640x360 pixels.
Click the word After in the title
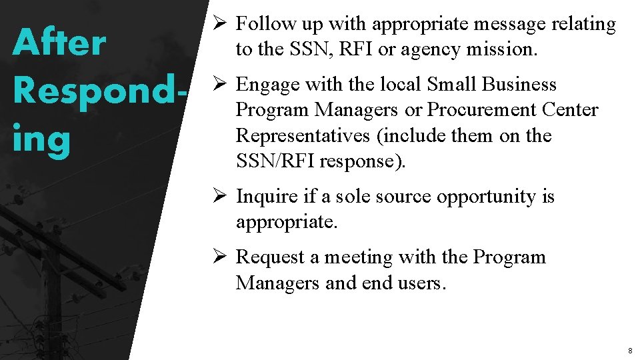tap(59, 43)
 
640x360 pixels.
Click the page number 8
tap(629, 350)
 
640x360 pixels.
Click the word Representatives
tap(304, 135)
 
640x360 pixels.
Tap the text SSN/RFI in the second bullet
tap(275, 161)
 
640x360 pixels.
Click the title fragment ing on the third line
tap(41, 141)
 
